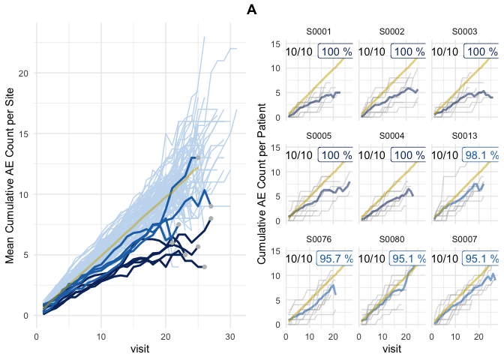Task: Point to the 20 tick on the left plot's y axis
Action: click(x=25, y=73)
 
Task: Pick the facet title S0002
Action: click(x=392, y=32)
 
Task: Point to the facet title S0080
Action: click(x=392, y=239)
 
